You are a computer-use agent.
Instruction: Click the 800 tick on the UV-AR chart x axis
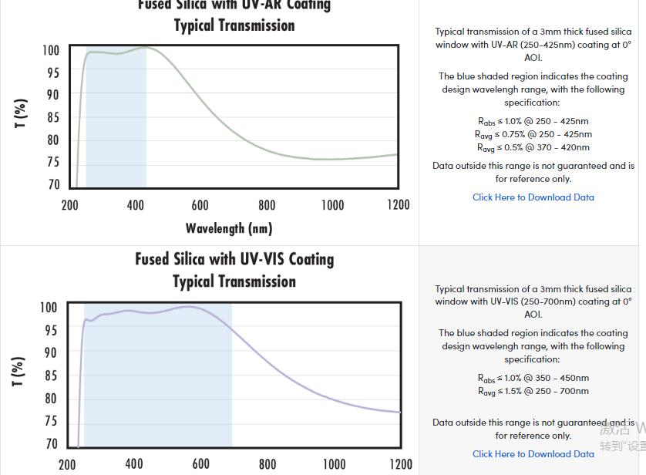[x=267, y=205]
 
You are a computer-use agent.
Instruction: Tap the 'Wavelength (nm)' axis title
[x=229, y=228]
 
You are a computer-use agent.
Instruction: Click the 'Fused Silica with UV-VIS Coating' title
[x=234, y=259]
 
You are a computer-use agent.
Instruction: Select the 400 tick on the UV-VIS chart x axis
[x=134, y=464]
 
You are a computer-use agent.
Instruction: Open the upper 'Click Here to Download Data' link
[x=533, y=197]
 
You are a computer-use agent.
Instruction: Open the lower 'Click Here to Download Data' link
[x=533, y=454]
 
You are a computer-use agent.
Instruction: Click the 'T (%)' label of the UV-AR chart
[x=21, y=113]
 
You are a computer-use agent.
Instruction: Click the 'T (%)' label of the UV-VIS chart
[x=19, y=371]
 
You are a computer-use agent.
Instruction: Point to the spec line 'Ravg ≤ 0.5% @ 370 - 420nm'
[x=533, y=147]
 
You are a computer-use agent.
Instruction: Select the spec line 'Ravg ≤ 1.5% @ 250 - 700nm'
[x=533, y=391]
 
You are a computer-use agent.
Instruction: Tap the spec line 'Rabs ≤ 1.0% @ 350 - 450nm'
[x=533, y=378]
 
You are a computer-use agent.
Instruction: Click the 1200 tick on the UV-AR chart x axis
[x=399, y=205]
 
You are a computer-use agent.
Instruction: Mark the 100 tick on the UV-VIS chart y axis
[x=49, y=308]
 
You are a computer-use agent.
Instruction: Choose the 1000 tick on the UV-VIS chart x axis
[x=334, y=464]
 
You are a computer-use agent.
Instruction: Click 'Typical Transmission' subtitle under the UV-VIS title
[x=234, y=281]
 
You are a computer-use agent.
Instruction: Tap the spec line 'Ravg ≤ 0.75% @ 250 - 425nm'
[x=533, y=134]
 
